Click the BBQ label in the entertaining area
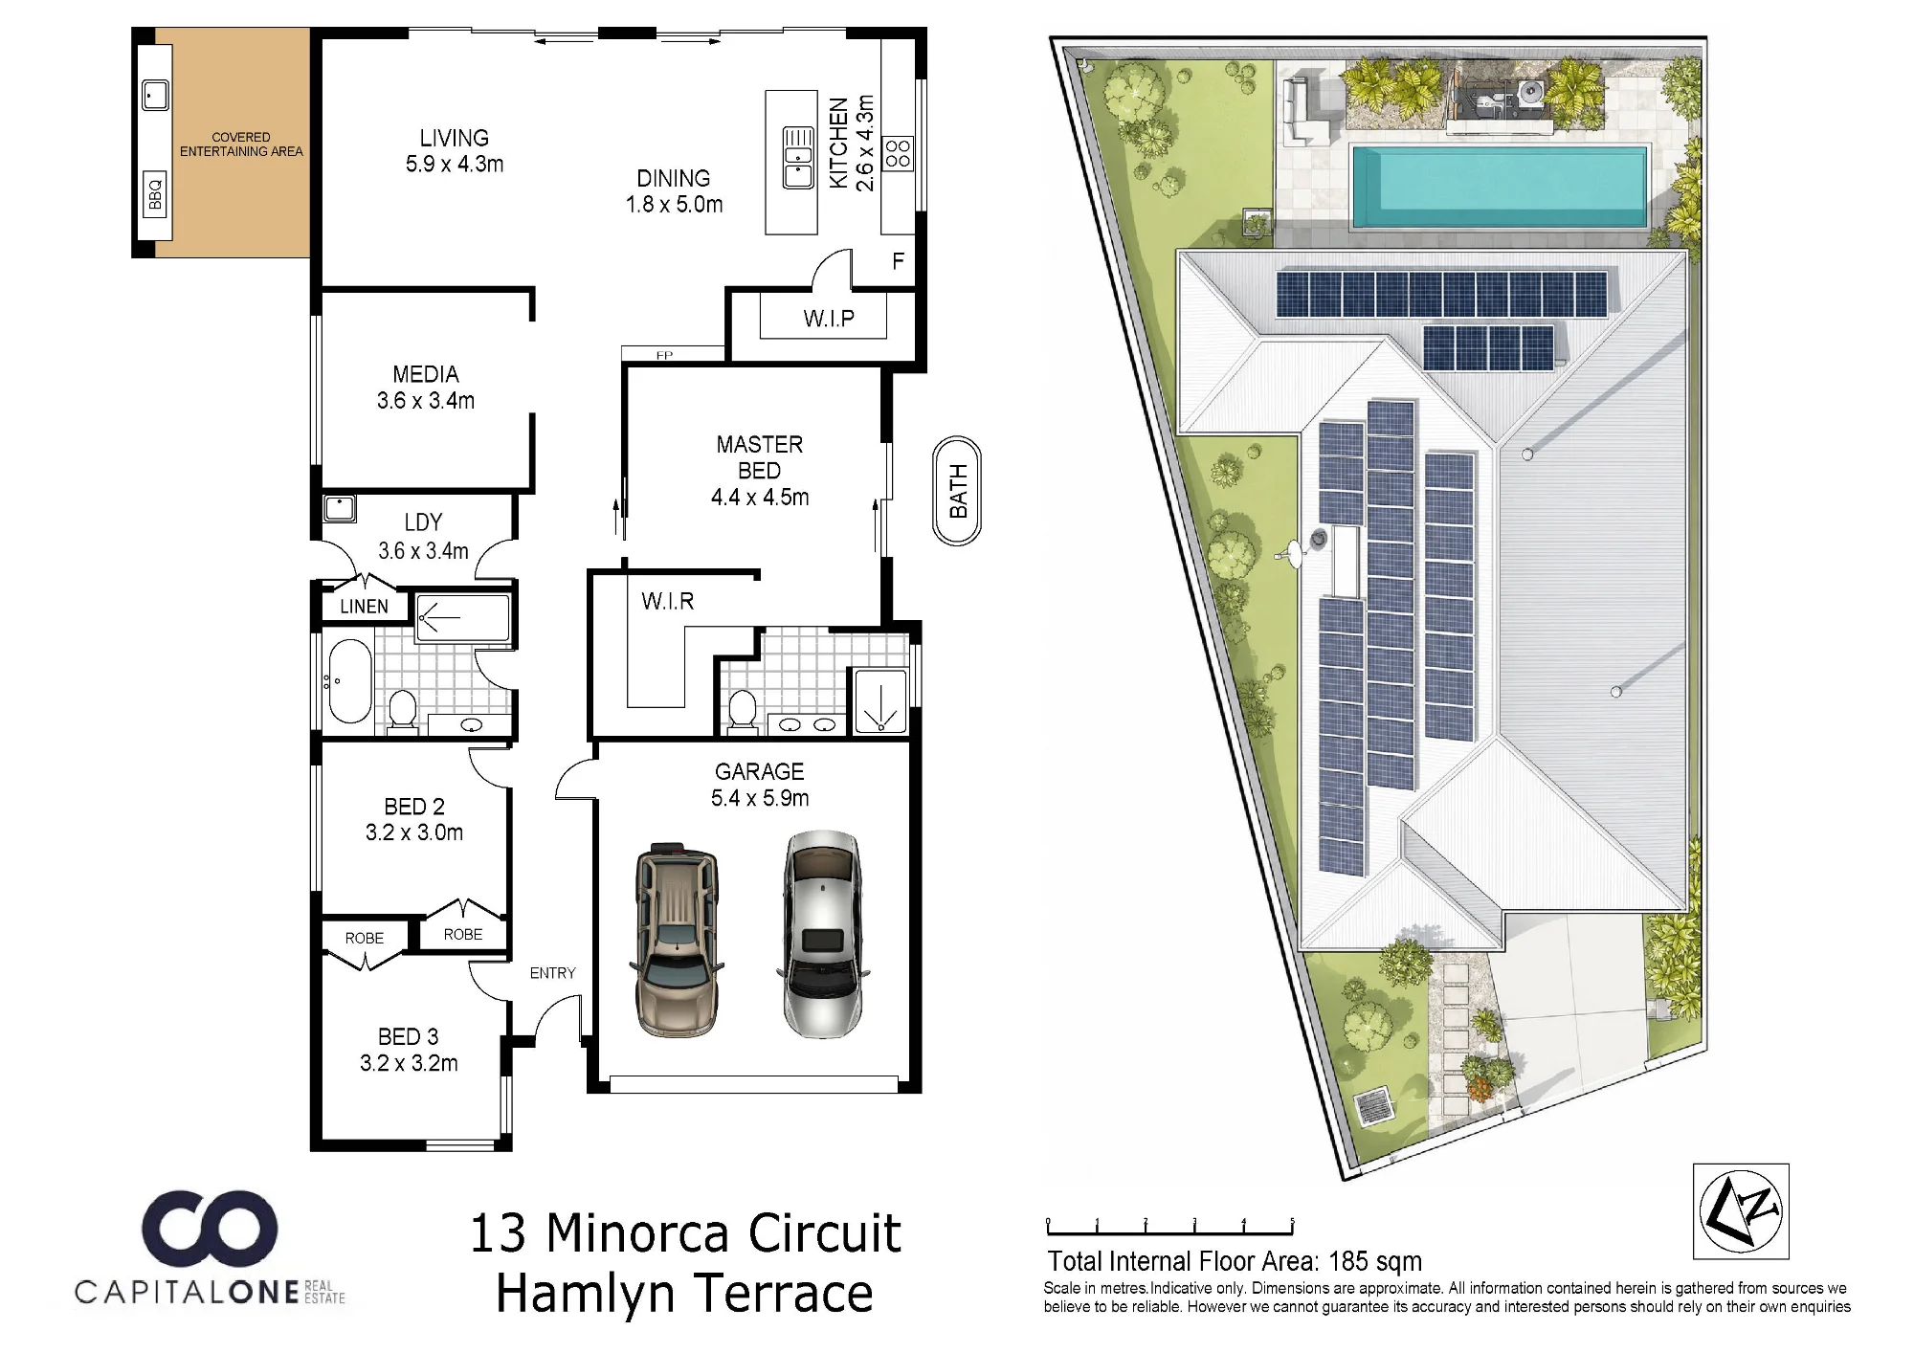pyautogui.click(x=156, y=194)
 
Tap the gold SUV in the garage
pyautogui.click(x=675, y=939)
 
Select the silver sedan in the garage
pyautogui.click(x=822, y=934)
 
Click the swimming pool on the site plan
pyautogui.click(x=1500, y=187)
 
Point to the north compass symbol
pyautogui.click(x=1741, y=1210)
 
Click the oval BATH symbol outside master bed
pyautogui.click(x=957, y=491)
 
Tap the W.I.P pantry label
pyautogui.click(x=829, y=319)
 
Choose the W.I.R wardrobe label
pyautogui.click(x=667, y=601)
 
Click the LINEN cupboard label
pyautogui.click(x=364, y=607)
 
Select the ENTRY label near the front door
pyautogui.click(x=552, y=973)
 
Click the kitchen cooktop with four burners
pyautogui.click(x=898, y=154)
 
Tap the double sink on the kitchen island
pyautogui.click(x=798, y=157)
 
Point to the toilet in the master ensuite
pyautogui.click(x=741, y=712)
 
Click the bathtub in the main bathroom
pyautogui.click(x=349, y=680)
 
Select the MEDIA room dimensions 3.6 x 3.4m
pyautogui.click(x=426, y=401)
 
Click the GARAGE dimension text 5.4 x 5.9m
pyautogui.click(x=760, y=798)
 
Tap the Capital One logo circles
pyautogui.click(x=210, y=1228)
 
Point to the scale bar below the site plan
pyautogui.click(x=1170, y=1227)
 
